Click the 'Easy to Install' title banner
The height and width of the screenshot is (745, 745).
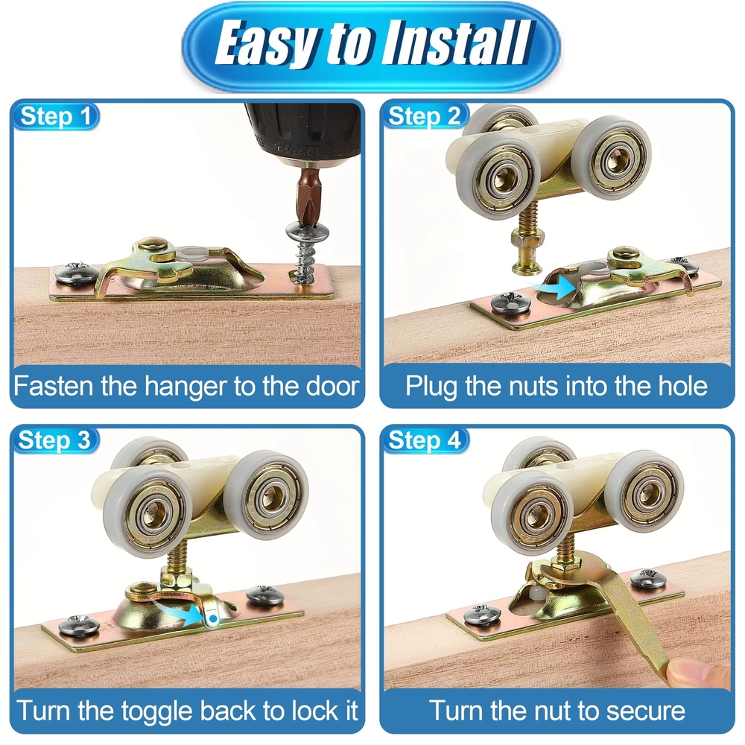[371, 46]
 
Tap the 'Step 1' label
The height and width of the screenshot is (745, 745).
[56, 116]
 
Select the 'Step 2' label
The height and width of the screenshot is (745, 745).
[425, 116]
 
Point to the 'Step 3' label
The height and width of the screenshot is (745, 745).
[54, 440]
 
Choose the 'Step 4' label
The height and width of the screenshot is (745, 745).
[425, 440]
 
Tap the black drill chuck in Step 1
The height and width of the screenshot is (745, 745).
[303, 133]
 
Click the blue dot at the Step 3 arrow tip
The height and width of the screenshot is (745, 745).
[213, 618]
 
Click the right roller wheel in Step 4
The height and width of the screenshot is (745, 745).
[644, 492]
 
